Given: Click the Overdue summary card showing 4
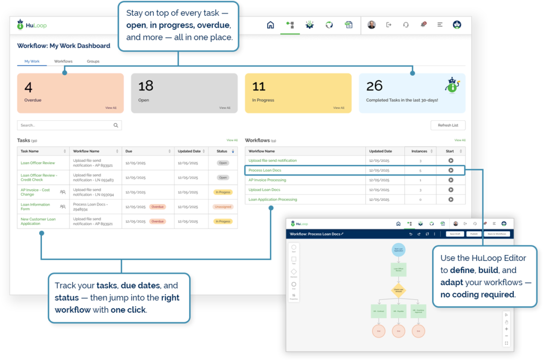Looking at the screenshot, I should [70, 93].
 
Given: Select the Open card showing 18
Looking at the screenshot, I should [184, 93].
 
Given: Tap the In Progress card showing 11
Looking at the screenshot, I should [297, 93].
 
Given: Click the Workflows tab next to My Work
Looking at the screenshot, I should [63, 62].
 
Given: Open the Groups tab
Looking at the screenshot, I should [93, 62].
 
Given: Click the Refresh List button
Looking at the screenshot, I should [448, 125].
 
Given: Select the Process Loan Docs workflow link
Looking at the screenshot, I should [265, 170].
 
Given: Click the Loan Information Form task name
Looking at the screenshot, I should [36, 206].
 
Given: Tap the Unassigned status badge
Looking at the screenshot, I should [223, 206].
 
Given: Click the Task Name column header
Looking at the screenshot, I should [30, 151].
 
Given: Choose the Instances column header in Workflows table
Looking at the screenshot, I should [419, 151].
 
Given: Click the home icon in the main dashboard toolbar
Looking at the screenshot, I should [270, 25].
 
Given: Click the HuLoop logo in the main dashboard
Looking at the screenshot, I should [30, 25].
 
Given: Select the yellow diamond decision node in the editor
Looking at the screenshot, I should [398, 290].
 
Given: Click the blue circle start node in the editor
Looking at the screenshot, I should [398, 250].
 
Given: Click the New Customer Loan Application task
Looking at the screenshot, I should [38, 221].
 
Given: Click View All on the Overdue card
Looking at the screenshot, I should [110, 108].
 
